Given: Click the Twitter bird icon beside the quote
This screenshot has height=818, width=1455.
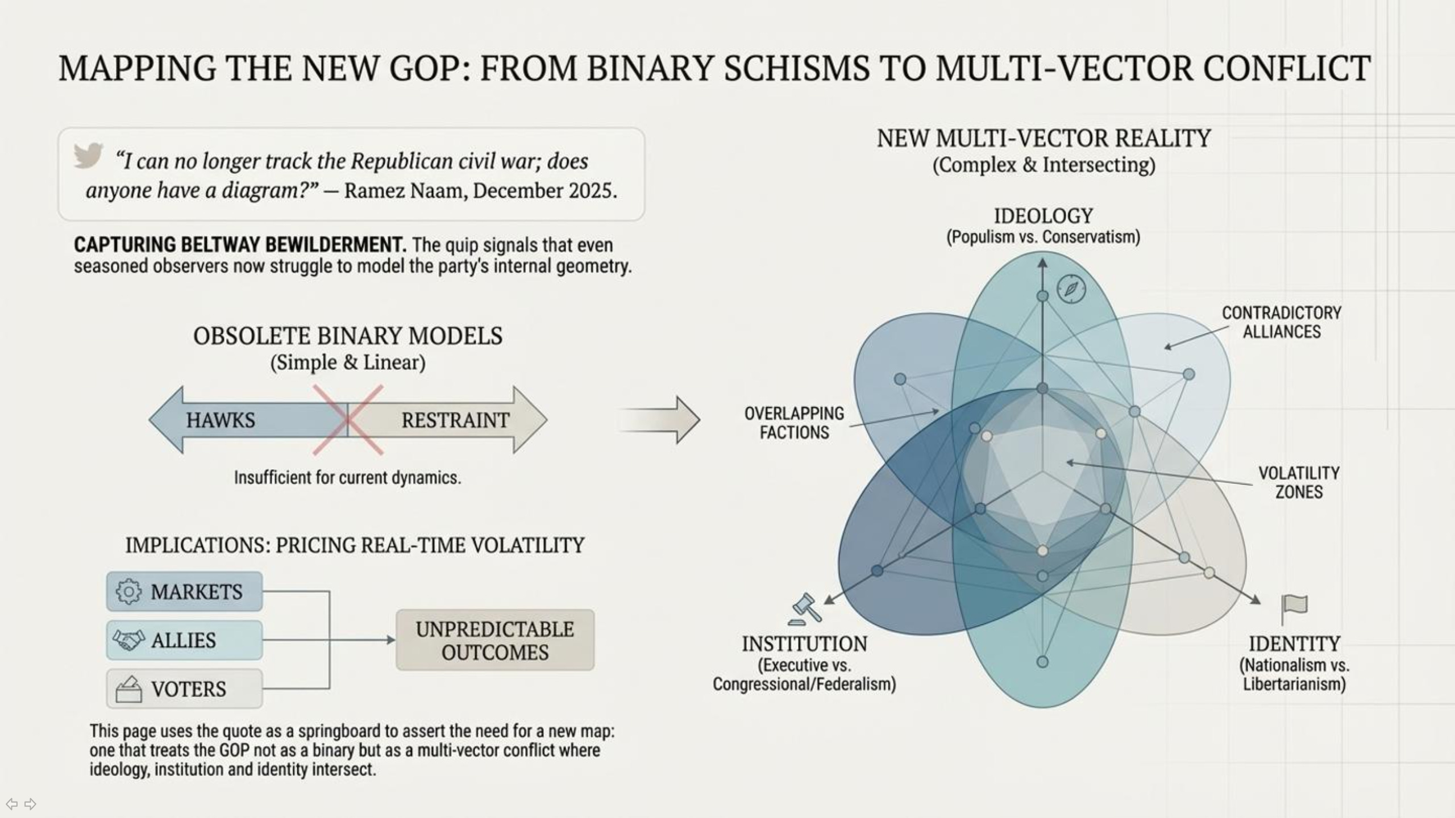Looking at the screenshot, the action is [88, 155].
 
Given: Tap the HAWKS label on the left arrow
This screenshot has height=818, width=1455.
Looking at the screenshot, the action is [221, 420].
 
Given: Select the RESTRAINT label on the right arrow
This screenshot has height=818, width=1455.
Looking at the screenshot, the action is [455, 420].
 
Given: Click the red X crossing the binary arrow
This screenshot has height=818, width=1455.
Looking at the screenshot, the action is [348, 420].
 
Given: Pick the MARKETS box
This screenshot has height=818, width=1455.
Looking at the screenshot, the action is [184, 591].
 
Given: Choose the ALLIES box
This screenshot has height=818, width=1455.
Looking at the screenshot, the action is [184, 640].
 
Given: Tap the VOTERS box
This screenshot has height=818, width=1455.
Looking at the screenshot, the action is [184, 688].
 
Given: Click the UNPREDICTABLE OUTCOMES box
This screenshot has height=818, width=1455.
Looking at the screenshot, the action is [495, 640].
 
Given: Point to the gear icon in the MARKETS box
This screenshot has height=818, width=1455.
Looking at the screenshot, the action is [128, 591].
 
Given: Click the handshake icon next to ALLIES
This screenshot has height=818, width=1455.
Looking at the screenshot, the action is [128, 640].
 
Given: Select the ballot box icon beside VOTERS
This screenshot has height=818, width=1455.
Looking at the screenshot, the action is [129, 689].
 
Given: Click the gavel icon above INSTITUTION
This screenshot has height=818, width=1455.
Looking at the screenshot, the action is [805, 609].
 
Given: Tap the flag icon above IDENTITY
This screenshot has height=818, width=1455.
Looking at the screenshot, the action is [1294, 608].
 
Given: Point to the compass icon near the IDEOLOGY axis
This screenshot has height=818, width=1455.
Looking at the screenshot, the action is [1071, 289].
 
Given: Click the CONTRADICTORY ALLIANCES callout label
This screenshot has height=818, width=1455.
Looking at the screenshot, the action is [1281, 322].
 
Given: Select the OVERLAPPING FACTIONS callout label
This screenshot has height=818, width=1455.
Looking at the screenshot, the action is [794, 423].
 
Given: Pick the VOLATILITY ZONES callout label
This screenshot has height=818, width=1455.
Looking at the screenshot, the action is [1299, 482].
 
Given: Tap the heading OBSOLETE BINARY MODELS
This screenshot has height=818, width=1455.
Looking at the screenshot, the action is [348, 336].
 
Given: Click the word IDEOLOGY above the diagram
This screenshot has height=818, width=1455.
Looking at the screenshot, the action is [1043, 216].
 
